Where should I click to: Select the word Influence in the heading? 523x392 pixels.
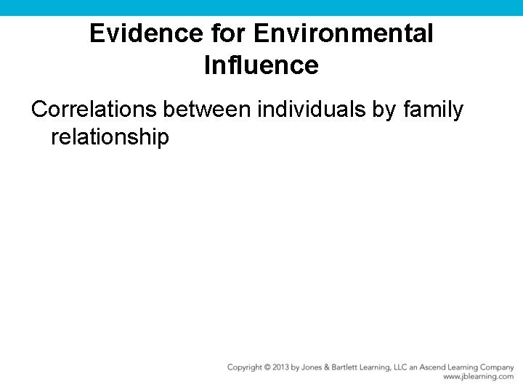[x=261, y=65]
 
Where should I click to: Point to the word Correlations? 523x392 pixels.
[x=94, y=110]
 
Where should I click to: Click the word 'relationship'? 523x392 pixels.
[x=110, y=136]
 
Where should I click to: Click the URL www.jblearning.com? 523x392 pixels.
[x=478, y=377]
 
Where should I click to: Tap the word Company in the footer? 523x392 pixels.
[x=495, y=367]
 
